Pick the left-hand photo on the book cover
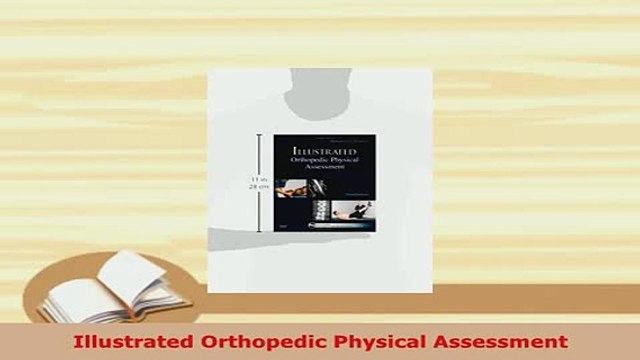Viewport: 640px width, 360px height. coord(291,188)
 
